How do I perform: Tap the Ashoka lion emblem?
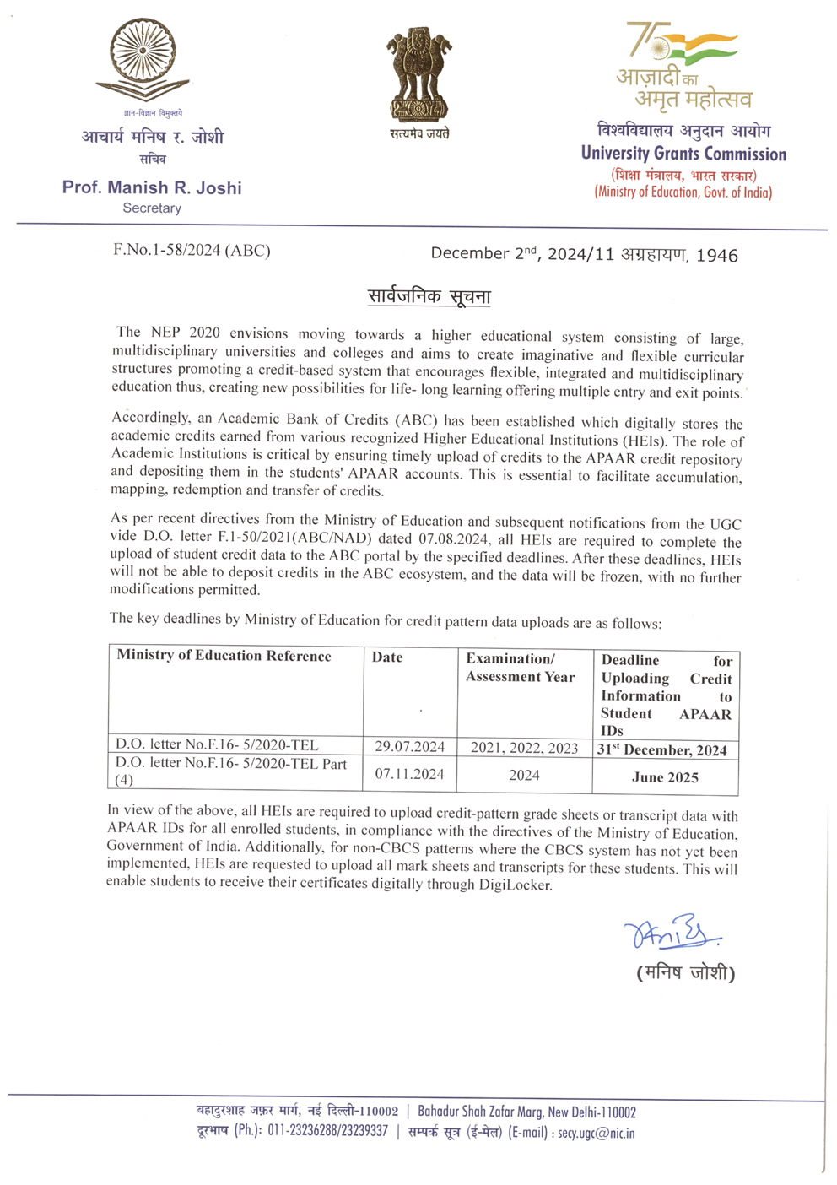419,74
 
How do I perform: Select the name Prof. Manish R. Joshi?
152,187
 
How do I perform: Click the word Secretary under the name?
152,208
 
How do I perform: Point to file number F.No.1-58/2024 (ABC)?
192,251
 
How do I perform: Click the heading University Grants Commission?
683,154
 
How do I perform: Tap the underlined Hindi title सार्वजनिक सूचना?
429,296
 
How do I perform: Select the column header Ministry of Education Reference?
224,656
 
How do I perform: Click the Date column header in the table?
387,657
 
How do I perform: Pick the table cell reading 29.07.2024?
409,746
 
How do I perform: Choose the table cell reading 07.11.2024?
409,774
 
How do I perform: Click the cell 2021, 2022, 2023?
524,748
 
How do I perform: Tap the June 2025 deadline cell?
665,777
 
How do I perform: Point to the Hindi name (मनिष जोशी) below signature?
685,973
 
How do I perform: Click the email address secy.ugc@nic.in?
597,1134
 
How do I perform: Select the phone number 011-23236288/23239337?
327,1131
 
